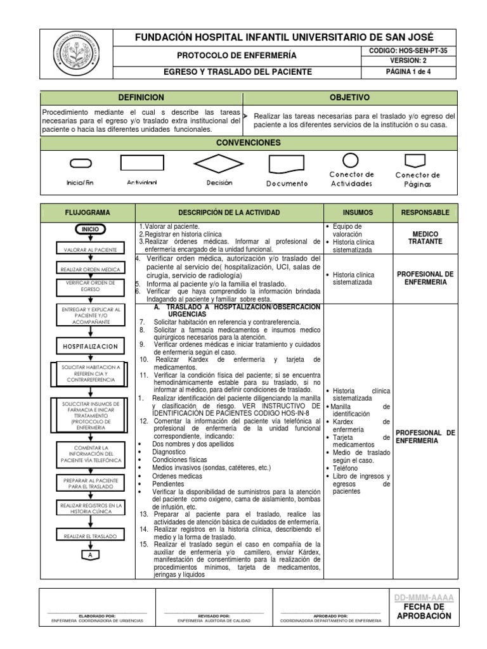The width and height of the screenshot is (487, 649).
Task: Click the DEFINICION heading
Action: coord(141,98)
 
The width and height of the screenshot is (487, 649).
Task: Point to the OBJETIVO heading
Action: coord(349,98)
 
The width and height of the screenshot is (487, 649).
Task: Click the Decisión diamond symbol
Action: coord(219,164)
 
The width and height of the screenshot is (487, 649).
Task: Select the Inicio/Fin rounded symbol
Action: coord(80,164)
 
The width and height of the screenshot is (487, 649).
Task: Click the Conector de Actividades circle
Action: coord(351,160)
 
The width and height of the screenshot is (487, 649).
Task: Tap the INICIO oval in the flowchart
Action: coord(89,229)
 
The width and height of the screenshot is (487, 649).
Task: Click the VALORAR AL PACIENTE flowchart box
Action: coord(89,250)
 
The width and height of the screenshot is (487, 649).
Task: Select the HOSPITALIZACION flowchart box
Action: coord(89,347)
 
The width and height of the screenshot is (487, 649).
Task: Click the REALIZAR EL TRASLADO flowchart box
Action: coord(89,536)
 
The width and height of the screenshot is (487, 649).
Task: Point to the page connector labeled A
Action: coord(89,555)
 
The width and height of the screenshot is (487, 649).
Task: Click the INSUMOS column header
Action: coord(358,212)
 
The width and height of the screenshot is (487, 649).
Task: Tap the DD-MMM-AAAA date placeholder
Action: coord(424,598)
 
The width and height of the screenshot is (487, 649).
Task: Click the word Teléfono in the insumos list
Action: coord(344,468)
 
